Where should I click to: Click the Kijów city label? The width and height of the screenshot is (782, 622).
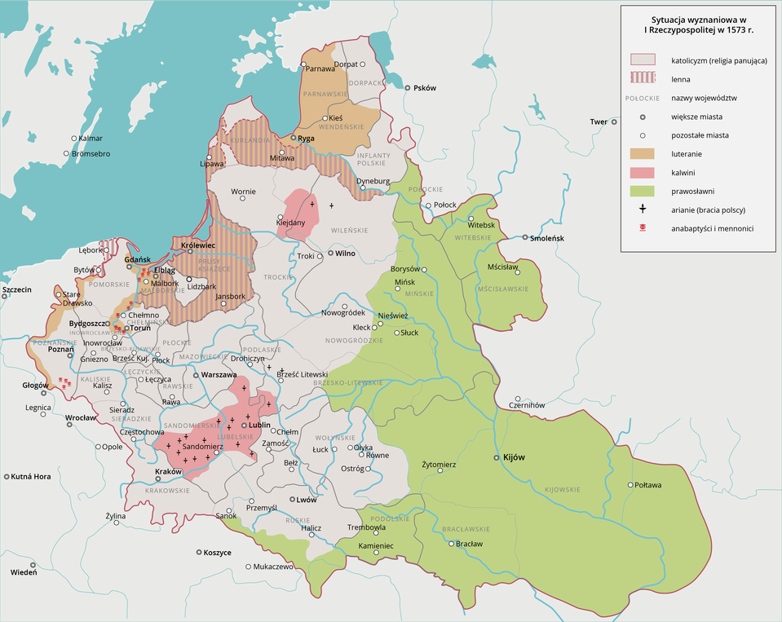[x=514, y=458]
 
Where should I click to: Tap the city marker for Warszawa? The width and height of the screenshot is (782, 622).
[x=196, y=375]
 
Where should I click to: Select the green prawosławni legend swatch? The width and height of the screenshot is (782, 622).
[x=643, y=192]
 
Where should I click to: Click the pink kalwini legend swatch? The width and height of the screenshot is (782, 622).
[x=643, y=173]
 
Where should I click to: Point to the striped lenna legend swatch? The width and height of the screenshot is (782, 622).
[x=643, y=79]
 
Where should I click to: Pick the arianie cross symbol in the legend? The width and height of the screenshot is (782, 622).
[x=643, y=210]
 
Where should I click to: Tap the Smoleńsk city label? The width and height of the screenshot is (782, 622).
[x=547, y=238]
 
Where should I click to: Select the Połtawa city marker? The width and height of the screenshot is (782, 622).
[x=630, y=485]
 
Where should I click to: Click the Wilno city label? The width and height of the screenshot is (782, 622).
[x=346, y=254]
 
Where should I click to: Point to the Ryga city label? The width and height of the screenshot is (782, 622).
[x=307, y=139]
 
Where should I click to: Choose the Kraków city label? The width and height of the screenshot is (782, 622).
[x=168, y=471]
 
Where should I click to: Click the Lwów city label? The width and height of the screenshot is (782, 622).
[x=307, y=500]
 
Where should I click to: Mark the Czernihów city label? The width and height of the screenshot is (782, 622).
[x=526, y=405]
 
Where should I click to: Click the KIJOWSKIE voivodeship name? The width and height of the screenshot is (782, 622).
[x=562, y=489]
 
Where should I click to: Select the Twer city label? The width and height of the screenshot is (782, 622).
[x=599, y=122]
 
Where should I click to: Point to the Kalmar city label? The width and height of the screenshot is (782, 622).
[x=91, y=139]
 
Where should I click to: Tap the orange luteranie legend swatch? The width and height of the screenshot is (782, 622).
[x=643, y=154]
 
